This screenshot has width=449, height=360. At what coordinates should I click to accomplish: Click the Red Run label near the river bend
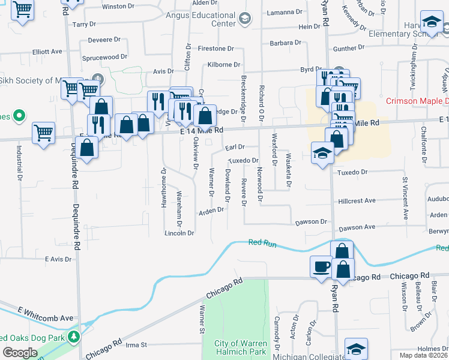[x=262, y=242]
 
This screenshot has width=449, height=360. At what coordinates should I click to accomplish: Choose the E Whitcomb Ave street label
[x=45, y=318]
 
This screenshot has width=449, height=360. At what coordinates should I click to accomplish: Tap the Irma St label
[x=136, y=345]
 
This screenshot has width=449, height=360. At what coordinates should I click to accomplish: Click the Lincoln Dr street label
[x=179, y=233]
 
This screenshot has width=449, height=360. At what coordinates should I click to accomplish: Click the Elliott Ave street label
[x=47, y=52]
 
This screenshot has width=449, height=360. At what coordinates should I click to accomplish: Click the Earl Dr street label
[x=235, y=147]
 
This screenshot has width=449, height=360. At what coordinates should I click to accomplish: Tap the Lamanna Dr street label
[x=285, y=12]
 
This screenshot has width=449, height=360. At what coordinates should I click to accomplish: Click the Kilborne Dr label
[x=223, y=64]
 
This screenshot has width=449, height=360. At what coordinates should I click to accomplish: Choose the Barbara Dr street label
[x=285, y=43]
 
